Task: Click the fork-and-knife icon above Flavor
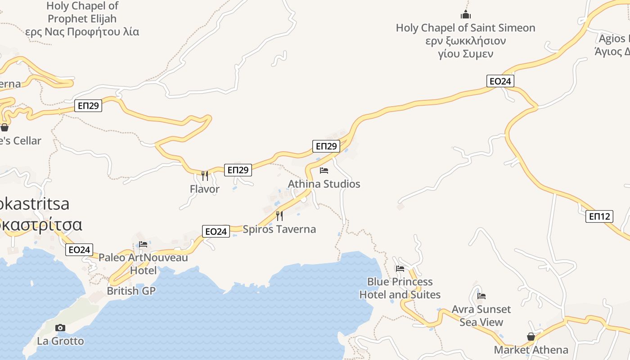tap(205, 175)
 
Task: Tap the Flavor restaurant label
tap(205, 189)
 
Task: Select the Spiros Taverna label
tap(279, 229)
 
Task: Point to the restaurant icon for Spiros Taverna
tap(279, 216)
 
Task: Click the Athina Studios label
tap(324, 184)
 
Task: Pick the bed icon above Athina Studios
tap(324, 171)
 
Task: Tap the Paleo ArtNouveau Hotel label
tap(143, 264)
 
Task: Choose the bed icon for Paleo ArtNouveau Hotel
tap(143, 244)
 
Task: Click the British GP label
tap(131, 291)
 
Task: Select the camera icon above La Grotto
tap(60, 328)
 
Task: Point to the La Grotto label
tap(60, 341)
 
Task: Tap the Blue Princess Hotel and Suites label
tap(400, 288)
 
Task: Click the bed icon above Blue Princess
tap(400, 269)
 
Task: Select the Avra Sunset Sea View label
tap(481, 315)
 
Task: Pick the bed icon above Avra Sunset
tap(481, 296)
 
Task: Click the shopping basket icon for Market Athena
tap(531, 337)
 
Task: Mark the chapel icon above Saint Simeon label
tap(466, 14)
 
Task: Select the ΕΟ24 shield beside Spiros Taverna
tap(216, 231)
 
